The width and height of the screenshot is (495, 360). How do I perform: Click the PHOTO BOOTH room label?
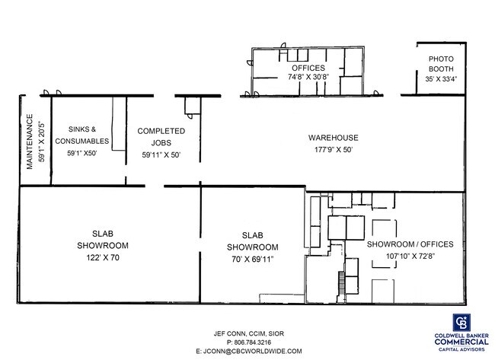[x=441, y=64]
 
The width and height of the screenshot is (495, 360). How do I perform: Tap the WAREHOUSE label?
[x=334, y=138]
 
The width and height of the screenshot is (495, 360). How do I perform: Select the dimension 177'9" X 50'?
[x=334, y=149]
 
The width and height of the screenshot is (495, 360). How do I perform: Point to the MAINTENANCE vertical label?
[x=30, y=142]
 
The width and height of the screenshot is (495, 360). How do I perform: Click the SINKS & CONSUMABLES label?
[x=82, y=135]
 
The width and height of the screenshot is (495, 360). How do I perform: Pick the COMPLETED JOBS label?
[x=161, y=136]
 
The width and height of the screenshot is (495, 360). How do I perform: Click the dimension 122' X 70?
[x=103, y=258]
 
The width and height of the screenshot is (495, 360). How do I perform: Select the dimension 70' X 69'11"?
[x=253, y=260]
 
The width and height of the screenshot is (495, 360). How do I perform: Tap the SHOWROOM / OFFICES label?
[x=410, y=244]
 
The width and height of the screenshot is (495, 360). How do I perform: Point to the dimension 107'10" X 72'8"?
[x=410, y=256]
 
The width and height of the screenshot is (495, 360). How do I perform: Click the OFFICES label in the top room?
[x=308, y=68]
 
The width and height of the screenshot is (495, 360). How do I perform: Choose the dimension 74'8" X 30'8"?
[x=308, y=77]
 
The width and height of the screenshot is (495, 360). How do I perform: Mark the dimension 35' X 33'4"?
[x=441, y=79]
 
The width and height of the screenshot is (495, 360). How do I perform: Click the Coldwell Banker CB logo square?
[x=461, y=323]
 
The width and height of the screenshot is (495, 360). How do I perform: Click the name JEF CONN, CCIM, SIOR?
[x=249, y=333]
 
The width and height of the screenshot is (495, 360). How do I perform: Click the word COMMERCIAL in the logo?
[x=461, y=342]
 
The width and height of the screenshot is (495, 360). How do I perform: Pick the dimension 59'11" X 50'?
[x=161, y=155]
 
